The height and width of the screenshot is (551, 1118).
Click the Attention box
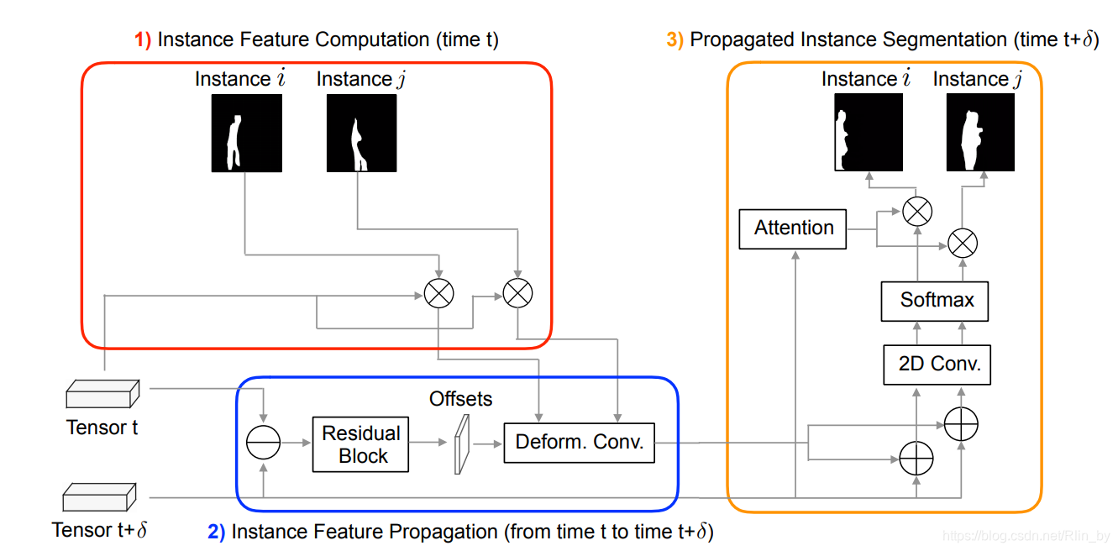click(x=793, y=229)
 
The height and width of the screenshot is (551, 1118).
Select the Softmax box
click(x=935, y=301)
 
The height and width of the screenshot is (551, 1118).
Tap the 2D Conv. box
click(x=937, y=365)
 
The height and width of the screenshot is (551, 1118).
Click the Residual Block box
click(x=361, y=444)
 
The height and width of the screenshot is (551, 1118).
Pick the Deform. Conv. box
click(x=579, y=443)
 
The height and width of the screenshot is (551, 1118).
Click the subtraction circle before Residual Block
click(x=263, y=442)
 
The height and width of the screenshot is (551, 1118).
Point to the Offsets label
click(x=460, y=399)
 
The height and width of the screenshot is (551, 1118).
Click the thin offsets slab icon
click(x=462, y=444)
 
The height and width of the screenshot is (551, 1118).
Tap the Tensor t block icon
click(x=102, y=394)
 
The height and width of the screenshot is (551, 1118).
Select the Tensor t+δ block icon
click(x=99, y=496)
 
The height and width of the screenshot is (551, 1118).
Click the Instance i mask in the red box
click(x=247, y=134)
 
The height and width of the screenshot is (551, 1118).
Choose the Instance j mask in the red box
click(x=362, y=134)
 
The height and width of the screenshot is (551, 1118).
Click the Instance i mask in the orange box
click(x=869, y=132)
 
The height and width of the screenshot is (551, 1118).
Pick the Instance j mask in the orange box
click(x=980, y=132)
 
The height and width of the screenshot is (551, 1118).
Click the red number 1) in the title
click(x=143, y=39)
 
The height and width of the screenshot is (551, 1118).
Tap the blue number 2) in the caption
click(x=217, y=532)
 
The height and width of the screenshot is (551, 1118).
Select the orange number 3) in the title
click(x=674, y=39)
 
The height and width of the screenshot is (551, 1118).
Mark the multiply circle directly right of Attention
click(x=917, y=211)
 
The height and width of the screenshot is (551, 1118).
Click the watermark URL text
click(x=1026, y=536)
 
